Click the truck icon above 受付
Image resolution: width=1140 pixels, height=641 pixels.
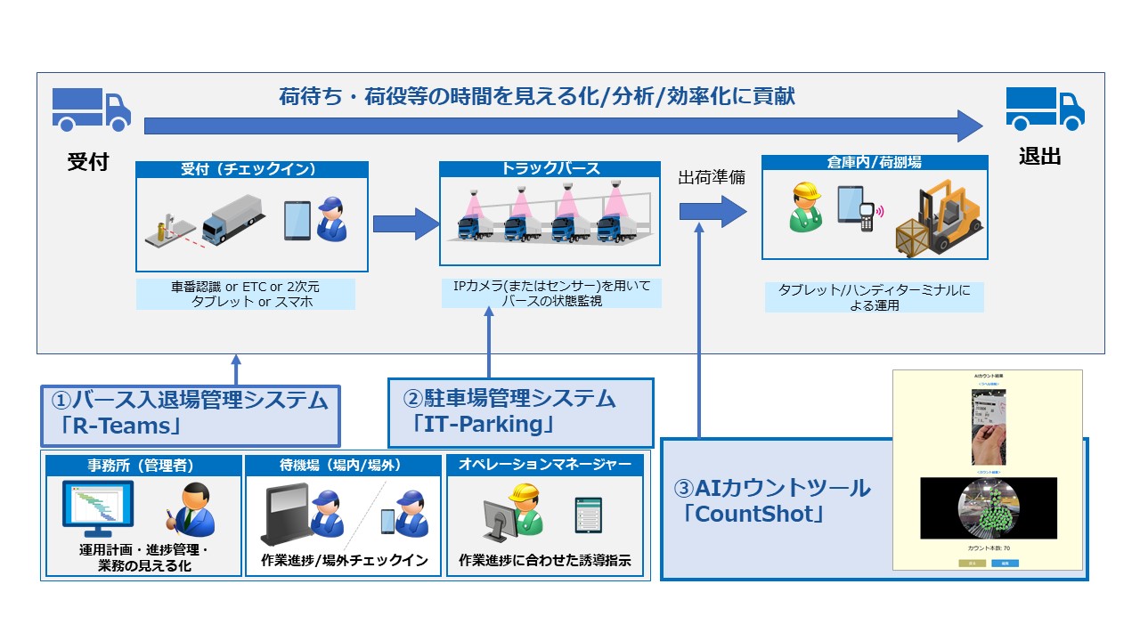click(91, 110)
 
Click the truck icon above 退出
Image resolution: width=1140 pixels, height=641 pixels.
click(1046, 110)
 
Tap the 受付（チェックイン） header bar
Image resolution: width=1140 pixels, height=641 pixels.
click(251, 169)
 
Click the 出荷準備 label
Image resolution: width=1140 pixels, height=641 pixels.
click(712, 178)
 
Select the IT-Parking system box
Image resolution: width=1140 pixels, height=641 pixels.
click(520, 412)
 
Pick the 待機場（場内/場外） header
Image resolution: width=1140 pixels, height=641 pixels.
click(343, 465)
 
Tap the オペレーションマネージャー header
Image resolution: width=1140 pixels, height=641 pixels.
click(544, 465)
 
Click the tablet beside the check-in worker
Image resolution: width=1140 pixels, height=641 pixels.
click(297, 221)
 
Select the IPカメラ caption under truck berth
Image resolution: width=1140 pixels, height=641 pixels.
click(550, 293)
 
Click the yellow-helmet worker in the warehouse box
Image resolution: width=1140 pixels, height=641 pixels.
click(806, 207)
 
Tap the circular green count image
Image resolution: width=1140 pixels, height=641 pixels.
click(987, 509)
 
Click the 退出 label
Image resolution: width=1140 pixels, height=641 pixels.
click(1039, 158)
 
